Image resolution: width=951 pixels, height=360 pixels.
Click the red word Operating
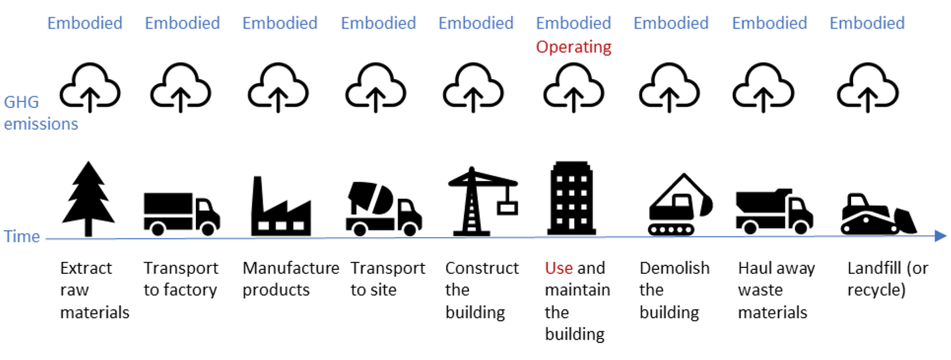tap(573, 47)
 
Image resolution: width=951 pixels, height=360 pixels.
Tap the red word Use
tap(558, 268)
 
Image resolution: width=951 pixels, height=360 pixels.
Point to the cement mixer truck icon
tap(383, 208)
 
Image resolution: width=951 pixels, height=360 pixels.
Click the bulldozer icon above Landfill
tap(877, 214)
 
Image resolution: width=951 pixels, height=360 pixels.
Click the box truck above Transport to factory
tap(181, 213)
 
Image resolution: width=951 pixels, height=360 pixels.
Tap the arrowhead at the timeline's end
tap(941, 236)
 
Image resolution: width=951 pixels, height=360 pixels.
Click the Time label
tap(22, 236)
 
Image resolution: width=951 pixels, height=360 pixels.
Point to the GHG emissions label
tap(40, 112)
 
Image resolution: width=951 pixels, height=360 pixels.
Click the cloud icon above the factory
tap(279, 90)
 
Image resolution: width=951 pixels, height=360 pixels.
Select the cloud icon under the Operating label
tap(573, 90)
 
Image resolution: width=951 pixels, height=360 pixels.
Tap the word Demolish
tap(674, 268)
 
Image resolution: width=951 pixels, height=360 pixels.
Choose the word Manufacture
tap(291, 268)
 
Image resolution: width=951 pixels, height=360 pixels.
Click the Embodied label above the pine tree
tap(85, 23)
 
